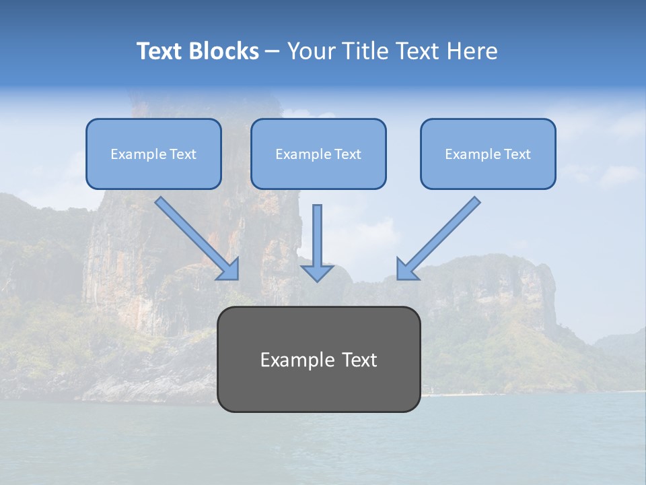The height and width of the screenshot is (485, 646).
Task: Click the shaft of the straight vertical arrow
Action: [x=317, y=232]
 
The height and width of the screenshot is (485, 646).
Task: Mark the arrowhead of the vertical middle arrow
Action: [x=317, y=272]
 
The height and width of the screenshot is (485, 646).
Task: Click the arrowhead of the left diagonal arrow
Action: [x=230, y=269]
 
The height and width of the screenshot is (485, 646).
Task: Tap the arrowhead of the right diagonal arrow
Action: [x=406, y=269]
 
